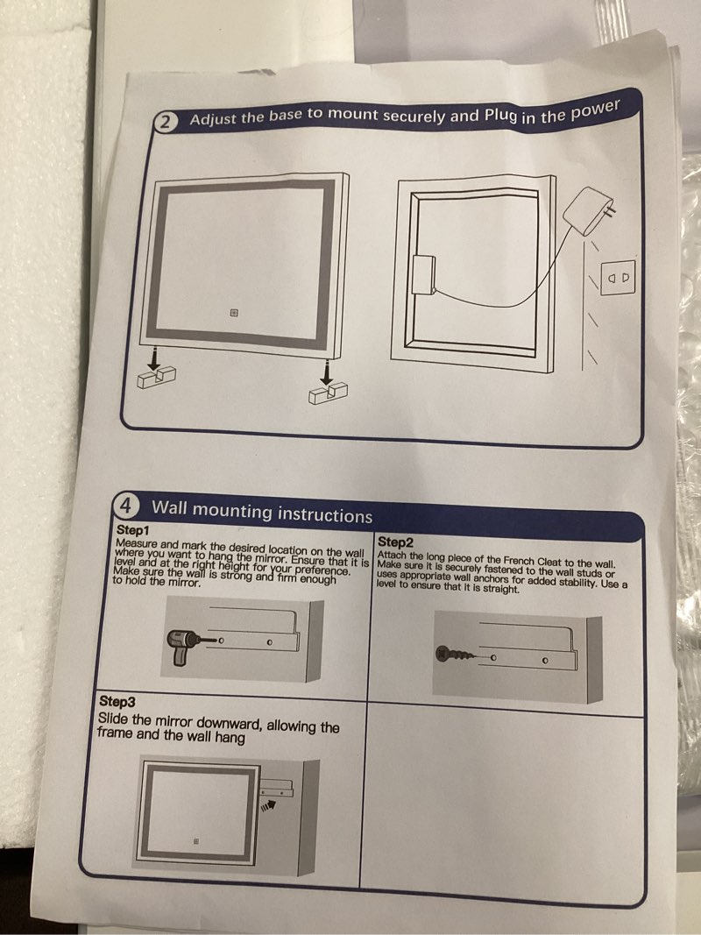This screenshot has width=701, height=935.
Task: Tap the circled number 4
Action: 126,506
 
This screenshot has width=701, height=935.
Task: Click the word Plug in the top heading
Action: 500,114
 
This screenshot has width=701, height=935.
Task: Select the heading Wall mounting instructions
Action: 262,512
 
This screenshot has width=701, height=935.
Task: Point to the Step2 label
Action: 395,542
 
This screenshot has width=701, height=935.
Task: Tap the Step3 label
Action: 117,701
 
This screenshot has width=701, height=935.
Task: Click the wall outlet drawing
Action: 619,277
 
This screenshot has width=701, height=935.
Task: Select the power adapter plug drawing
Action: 590,209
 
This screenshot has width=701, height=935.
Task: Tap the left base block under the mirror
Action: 157,377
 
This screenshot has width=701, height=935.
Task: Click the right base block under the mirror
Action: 329,393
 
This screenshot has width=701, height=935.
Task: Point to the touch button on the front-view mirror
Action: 234,313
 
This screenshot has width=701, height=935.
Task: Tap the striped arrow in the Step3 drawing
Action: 269,805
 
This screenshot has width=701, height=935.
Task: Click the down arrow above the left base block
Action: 154,358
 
